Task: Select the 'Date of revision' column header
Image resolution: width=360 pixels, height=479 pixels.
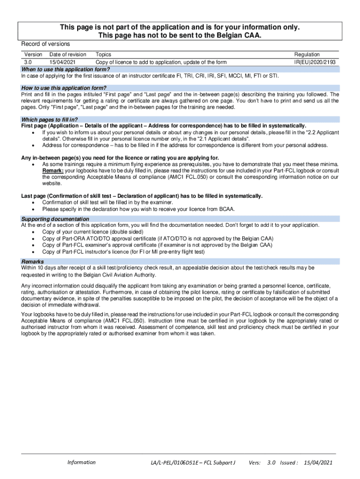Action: coord(68,55)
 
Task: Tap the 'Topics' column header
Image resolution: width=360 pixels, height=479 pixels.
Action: coord(103,55)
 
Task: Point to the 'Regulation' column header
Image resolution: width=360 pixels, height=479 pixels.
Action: coord(307,55)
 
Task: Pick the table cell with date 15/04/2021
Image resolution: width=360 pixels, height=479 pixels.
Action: coord(65,62)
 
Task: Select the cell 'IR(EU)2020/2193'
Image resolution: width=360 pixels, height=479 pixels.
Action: coord(315,62)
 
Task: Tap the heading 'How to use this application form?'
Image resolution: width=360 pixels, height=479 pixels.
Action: coord(64,88)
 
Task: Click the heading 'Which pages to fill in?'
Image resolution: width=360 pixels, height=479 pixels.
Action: coord(50,119)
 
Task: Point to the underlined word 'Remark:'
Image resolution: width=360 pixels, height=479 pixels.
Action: coord(53,171)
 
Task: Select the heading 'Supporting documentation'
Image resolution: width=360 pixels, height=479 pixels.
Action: coord(55,219)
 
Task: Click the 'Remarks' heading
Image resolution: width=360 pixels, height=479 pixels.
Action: coord(33,261)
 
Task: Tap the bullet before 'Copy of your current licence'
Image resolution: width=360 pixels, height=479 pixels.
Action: coord(32,232)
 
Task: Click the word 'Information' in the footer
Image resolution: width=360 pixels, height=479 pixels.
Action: coord(81,463)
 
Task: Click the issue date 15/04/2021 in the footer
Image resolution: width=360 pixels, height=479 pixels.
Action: coord(318,463)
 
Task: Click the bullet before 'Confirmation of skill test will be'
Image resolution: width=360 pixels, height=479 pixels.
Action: coord(32,203)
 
